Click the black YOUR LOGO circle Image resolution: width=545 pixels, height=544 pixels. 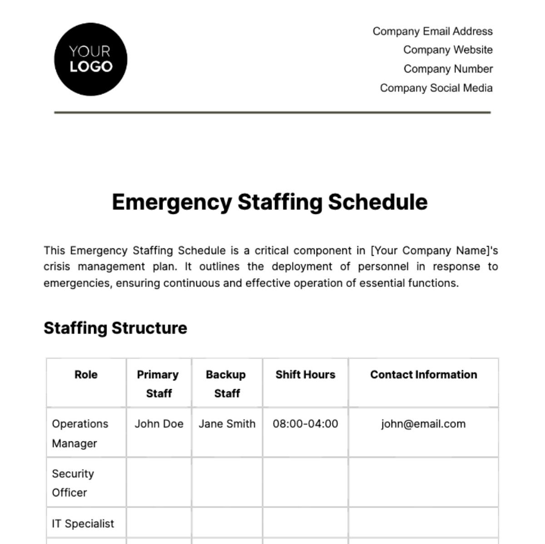click(90, 59)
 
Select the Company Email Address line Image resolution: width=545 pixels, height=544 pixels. click(432, 31)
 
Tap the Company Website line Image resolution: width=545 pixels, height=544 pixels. click(447, 50)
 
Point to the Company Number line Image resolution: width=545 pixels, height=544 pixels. click(448, 69)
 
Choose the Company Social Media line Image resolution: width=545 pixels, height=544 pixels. click(436, 88)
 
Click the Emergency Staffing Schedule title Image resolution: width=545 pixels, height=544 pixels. click(270, 202)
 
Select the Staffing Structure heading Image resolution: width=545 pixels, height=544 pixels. click(115, 328)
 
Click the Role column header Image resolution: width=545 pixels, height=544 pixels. click(86, 375)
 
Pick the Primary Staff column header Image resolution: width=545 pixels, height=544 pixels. click(158, 384)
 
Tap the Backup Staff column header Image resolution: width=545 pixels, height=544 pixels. click(226, 384)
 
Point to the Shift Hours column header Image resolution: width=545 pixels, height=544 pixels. click(305, 375)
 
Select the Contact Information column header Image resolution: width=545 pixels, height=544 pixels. click(423, 375)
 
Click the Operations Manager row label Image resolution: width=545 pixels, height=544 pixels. click(79, 433)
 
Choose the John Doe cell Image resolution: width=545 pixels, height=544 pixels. click(159, 424)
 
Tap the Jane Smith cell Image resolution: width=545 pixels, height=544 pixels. click(227, 424)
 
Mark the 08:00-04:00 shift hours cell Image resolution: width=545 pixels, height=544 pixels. click(305, 424)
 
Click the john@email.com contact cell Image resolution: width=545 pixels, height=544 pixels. click(423, 424)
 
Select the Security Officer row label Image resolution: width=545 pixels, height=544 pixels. click(73, 483)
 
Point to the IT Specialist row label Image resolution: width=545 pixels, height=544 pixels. click(83, 524)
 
